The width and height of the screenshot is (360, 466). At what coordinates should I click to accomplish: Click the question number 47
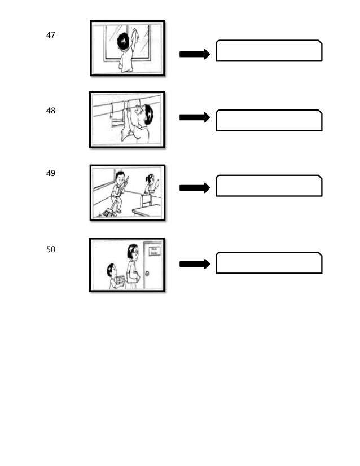tap(51, 35)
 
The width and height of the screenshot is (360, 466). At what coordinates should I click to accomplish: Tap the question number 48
tap(51, 111)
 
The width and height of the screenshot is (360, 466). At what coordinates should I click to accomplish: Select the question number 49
tap(51, 174)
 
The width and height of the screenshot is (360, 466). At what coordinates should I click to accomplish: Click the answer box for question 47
tap(269, 51)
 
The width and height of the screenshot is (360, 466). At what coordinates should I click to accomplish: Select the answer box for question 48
tap(269, 120)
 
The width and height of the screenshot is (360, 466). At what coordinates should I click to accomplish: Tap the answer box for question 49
tap(269, 186)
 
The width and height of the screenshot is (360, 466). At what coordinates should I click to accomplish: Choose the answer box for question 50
tap(269, 263)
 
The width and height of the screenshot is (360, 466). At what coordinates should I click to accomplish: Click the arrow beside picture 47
tap(194, 54)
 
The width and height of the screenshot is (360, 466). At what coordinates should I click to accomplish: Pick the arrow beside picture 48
tap(194, 117)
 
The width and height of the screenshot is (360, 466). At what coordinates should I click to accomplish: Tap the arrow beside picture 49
tap(194, 187)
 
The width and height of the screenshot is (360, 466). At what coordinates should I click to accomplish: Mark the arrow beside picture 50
tap(194, 263)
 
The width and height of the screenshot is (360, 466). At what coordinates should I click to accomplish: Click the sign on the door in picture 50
tap(152, 251)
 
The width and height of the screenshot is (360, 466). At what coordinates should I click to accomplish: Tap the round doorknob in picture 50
tap(148, 273)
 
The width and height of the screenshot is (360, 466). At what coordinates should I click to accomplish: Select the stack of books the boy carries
tap(118, 279)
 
